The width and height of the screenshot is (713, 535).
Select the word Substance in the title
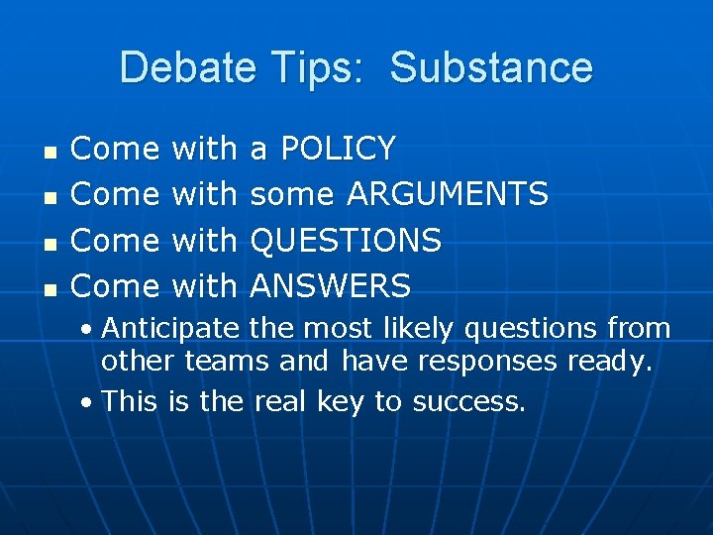491,68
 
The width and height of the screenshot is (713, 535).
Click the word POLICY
338,149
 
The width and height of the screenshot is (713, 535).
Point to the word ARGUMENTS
447,194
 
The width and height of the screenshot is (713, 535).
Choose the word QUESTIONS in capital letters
346,240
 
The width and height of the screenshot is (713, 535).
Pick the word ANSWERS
330,286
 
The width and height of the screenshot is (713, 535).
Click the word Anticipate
170,328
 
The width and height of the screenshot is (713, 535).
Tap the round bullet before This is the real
88,403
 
